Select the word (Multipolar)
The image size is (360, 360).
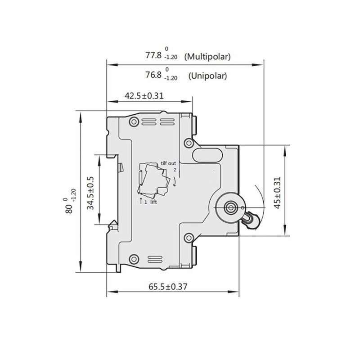click(209, 57)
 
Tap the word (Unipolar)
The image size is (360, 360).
click(208, 76)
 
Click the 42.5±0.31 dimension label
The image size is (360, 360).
click(144, 96)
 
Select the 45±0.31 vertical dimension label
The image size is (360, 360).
click(278, 192)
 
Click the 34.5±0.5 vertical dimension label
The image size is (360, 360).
click(90, 192)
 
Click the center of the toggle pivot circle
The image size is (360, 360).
click(231, 207)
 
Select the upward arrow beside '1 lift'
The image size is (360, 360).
click(141, 202)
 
